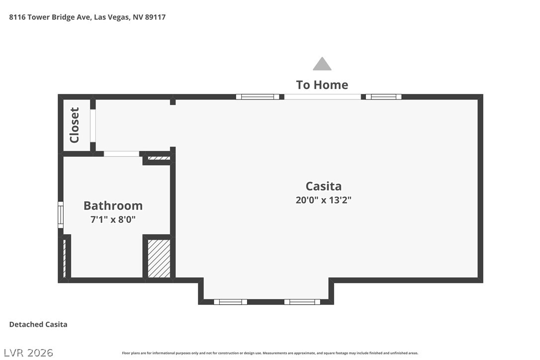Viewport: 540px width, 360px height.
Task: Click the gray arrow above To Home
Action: point(322,64)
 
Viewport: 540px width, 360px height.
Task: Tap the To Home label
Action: point(322,85)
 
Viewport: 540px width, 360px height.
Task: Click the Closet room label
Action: point(75,125)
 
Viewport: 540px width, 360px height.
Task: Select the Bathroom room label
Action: point(113,206)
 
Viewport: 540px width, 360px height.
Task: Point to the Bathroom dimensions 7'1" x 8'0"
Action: point(113,219)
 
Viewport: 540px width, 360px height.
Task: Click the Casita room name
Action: point(323,186)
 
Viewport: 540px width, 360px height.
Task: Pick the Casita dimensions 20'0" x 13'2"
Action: point(323,200)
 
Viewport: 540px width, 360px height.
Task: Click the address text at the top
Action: point(88,17)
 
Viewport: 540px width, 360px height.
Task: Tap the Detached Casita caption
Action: point(38,325)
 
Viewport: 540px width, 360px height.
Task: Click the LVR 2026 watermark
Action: point(28,353)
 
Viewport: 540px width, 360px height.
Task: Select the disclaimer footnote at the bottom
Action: point(270,353)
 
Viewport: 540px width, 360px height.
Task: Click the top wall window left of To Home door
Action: point(258,97)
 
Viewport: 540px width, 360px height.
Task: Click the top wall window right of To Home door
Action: point(383,97)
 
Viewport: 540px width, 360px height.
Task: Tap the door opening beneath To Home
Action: point(322,97)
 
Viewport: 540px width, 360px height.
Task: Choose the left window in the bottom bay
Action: point(230,302)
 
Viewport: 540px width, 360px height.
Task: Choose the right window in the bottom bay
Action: point(302,302)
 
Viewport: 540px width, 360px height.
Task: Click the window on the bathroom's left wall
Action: point(61,215)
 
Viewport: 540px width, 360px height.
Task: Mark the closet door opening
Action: point(92,126)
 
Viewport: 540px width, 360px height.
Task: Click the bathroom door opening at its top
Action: point(121,154)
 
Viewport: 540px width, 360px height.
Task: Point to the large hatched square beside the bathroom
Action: point(159,259)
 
